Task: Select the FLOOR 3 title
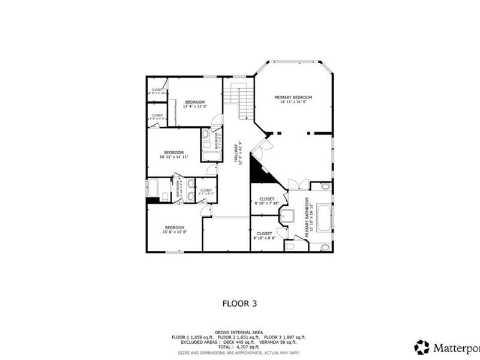(239, 304)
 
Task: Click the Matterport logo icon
(422, 347)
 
